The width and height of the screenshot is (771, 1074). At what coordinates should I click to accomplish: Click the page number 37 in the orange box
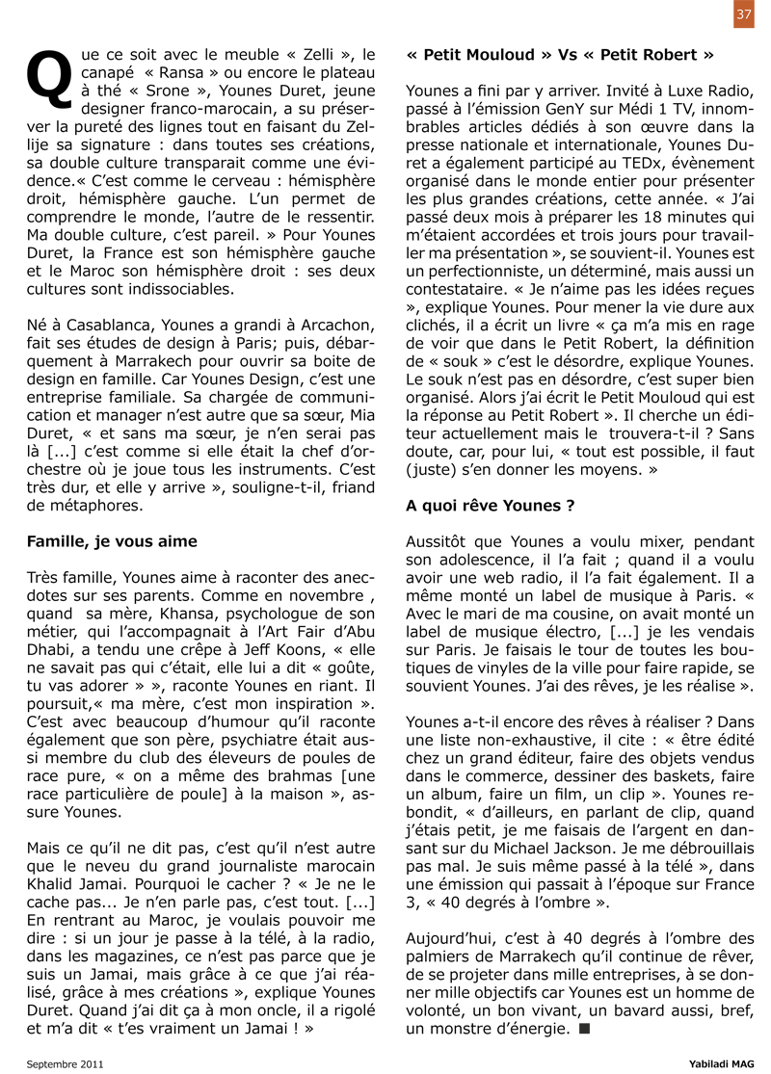coord(743,13)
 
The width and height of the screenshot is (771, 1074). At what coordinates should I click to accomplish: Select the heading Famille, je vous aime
coord(112,541)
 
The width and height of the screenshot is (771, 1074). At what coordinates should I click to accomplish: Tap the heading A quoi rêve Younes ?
coord(491,505)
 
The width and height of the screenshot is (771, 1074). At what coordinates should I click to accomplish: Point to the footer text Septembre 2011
coord(66,1063)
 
